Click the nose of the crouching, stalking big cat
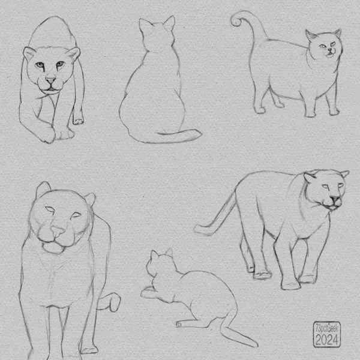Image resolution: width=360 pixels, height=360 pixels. (x=50, y=80)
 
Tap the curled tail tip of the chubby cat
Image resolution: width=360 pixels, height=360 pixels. (x=236, y=20)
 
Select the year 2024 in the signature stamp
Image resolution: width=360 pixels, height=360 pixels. (x=327, y=339)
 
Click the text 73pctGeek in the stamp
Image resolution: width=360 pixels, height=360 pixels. (x=327, y=329)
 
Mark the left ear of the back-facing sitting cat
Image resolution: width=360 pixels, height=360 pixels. (x=144, y=25)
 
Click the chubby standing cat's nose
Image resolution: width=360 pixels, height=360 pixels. (x=330, y=49)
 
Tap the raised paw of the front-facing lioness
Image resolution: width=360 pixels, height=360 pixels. (x=113, y=301)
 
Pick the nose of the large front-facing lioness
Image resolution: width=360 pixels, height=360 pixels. (x=58, y=232)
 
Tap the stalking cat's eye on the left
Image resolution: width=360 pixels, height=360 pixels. (x=40, y=65)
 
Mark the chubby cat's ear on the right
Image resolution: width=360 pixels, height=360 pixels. (x=337, y=33)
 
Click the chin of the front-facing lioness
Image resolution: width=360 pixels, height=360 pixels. (x=53, y=248)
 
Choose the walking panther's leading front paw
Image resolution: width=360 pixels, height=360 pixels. (x=290, y=285)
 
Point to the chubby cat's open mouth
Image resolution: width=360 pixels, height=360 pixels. (x=331, y=55)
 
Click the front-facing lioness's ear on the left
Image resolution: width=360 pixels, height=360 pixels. (x=43, y=189)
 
